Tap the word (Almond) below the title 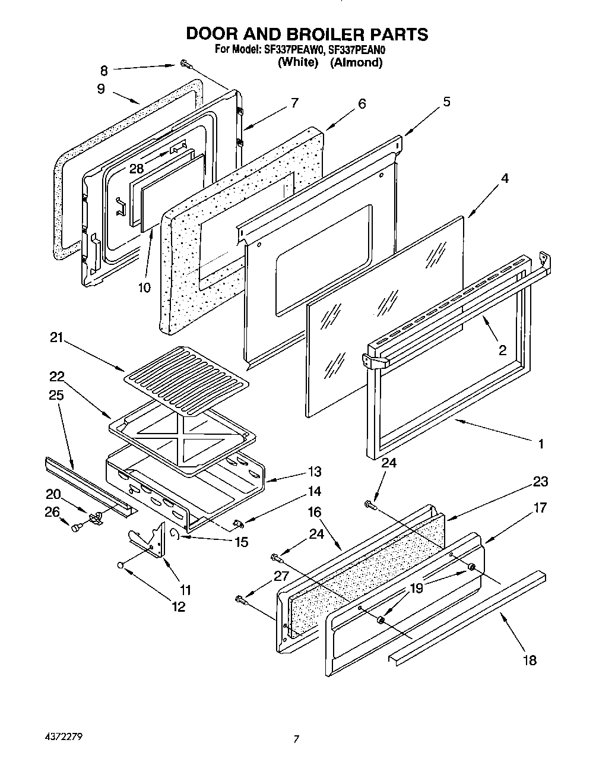coord(356,62)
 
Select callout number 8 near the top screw coord(104,71)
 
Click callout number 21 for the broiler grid coord(56,338)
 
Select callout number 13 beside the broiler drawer coord(315,472)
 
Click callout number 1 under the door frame coord(540,443)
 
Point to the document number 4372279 coord(64,736)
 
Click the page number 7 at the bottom coord(296,739)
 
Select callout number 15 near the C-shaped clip coord(240,542)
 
